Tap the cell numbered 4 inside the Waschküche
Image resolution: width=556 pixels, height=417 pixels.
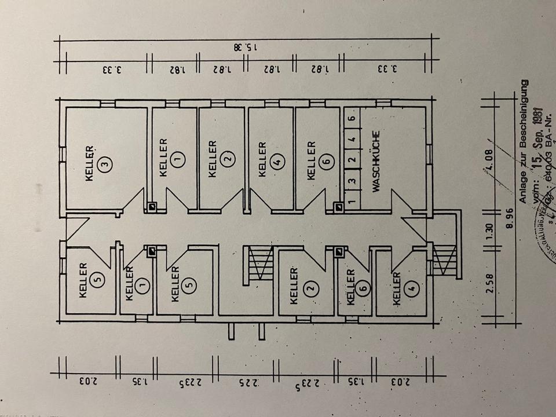click(350, 140)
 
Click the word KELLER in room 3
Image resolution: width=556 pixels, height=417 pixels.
click(90, 163)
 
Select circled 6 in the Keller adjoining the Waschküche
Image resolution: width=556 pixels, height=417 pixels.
click(328, 162)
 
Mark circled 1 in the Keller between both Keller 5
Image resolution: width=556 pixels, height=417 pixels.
click(144, 284)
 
